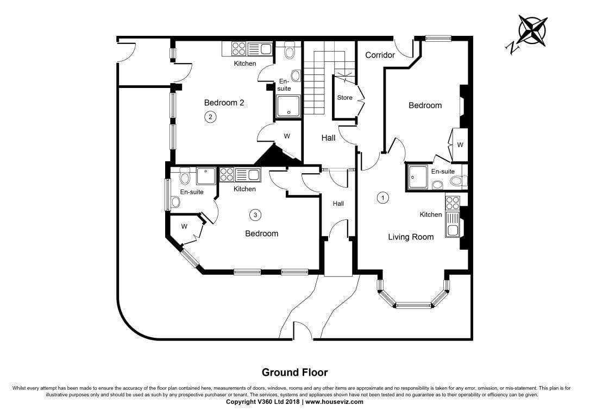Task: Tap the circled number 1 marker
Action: coord(382,198)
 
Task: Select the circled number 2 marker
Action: coord(210,117)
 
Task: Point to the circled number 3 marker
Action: coord(255,215)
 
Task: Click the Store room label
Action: coord(344,98)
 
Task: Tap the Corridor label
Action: coord(380,55)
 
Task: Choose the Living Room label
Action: coord(411,237)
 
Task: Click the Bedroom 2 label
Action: coord(224,103)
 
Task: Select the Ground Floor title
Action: coord(294,372)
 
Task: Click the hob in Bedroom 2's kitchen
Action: coord(238,49)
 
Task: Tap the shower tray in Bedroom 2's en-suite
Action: coord(288,106)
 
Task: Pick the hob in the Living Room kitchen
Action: coord(453,203)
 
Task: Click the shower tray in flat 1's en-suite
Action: coord(417,176)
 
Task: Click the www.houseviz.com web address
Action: coord(335,402)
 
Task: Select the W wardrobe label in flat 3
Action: coord(184,226)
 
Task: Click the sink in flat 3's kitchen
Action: coord(253,175)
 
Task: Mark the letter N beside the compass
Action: coord(512,48)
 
